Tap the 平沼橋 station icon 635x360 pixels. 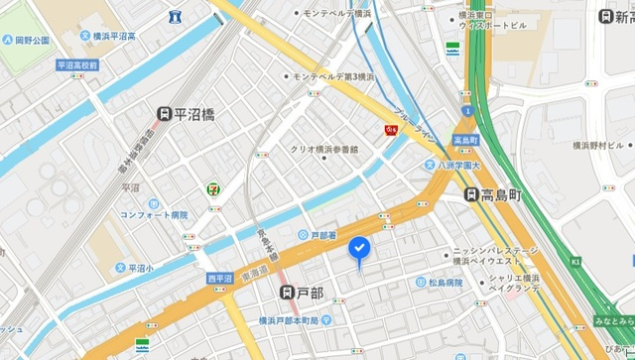click(x=166, y=115)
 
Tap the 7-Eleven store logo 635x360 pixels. click(x=212, y=186)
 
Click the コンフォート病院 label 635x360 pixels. click(x=154, y=213)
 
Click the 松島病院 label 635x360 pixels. click(x=446, y=283)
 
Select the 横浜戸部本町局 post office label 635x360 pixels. click(x=297, y=318)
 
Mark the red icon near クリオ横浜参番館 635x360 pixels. click(x=391, y=127)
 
